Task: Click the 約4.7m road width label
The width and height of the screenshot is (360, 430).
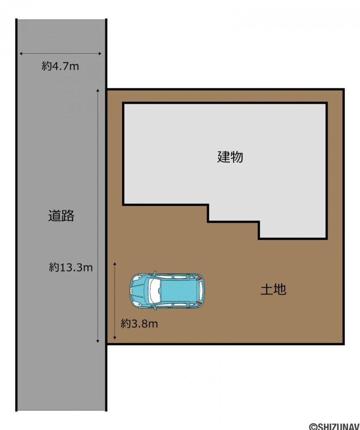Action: point(60,66)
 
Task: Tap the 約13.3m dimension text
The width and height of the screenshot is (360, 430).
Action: point(70,267)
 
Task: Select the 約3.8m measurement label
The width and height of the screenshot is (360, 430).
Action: point(139,324)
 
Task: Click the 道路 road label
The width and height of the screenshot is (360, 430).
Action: point(61,216)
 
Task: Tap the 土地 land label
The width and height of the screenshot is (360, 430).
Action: point(273,289)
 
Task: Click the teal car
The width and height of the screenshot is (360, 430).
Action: point(167,291)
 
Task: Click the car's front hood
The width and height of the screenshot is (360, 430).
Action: point(137,291)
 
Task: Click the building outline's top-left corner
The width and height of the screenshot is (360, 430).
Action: point(123,103)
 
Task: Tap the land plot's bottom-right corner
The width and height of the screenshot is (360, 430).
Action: point(343,343)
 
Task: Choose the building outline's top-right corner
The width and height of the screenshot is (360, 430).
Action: point(326,103)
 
